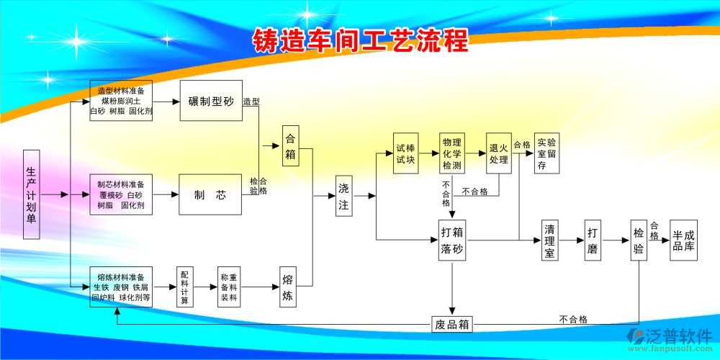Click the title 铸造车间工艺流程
click(x=360, y=41)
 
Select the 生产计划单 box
click(x=31, y=194)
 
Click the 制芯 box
click(x=210, y=194)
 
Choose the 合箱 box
click(x=290, y=146)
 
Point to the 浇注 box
click(x=343, y=196)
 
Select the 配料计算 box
click(x=184, y=287)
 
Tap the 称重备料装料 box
click(x=229, y=287)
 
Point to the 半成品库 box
click(x=683, y=240)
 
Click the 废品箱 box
click(x=453, y=324)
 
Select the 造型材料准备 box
click(x=121, y=101)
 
